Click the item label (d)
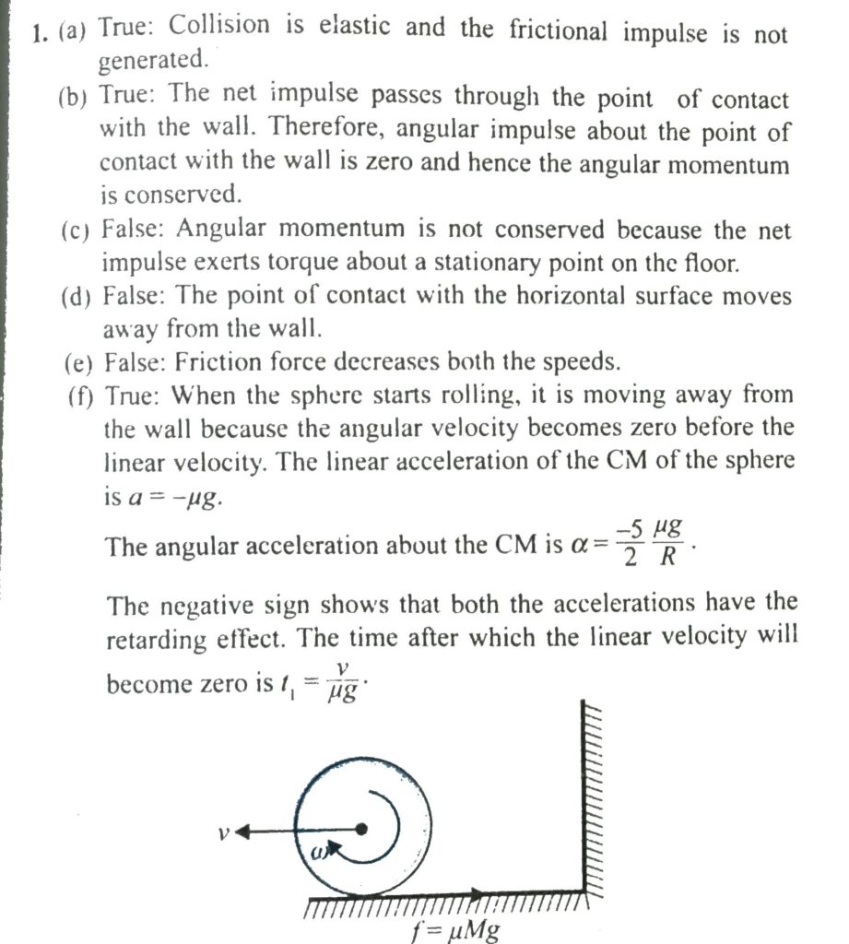78,297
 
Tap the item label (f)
81,396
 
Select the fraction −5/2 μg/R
653,542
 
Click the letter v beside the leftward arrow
222,832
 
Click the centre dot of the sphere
362,830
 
